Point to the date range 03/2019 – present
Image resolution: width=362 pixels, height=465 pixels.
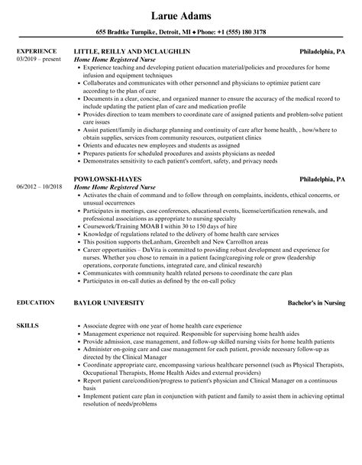(37, 59)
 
